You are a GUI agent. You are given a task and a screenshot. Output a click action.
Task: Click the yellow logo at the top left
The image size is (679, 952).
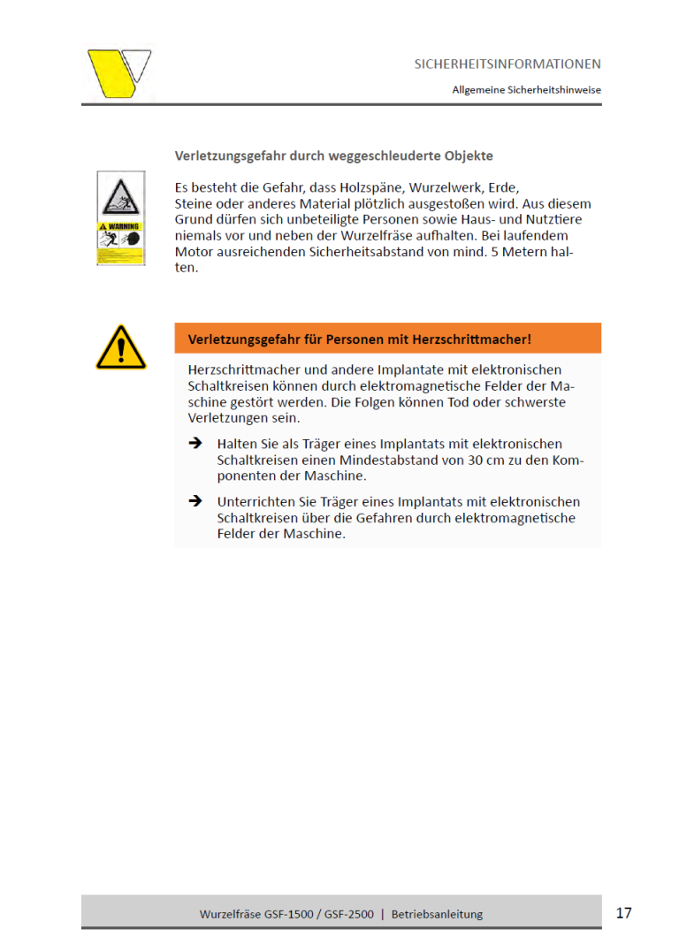click(118, 72)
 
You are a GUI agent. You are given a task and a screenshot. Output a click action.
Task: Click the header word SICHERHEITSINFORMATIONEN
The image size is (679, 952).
click(507, 65)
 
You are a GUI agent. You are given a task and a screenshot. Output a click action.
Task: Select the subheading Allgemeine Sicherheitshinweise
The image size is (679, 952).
click(527, 90)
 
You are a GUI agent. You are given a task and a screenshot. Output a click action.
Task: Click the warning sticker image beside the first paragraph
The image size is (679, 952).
click(120, 217)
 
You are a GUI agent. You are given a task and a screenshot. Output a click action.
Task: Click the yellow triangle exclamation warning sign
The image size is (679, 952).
click(120, 347)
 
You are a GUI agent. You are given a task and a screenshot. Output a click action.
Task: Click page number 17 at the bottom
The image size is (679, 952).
click(624, 913)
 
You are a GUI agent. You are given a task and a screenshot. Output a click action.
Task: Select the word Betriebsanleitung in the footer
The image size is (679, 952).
click(437, 914)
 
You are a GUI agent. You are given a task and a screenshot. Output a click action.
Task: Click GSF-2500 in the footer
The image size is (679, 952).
click(347, 914)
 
